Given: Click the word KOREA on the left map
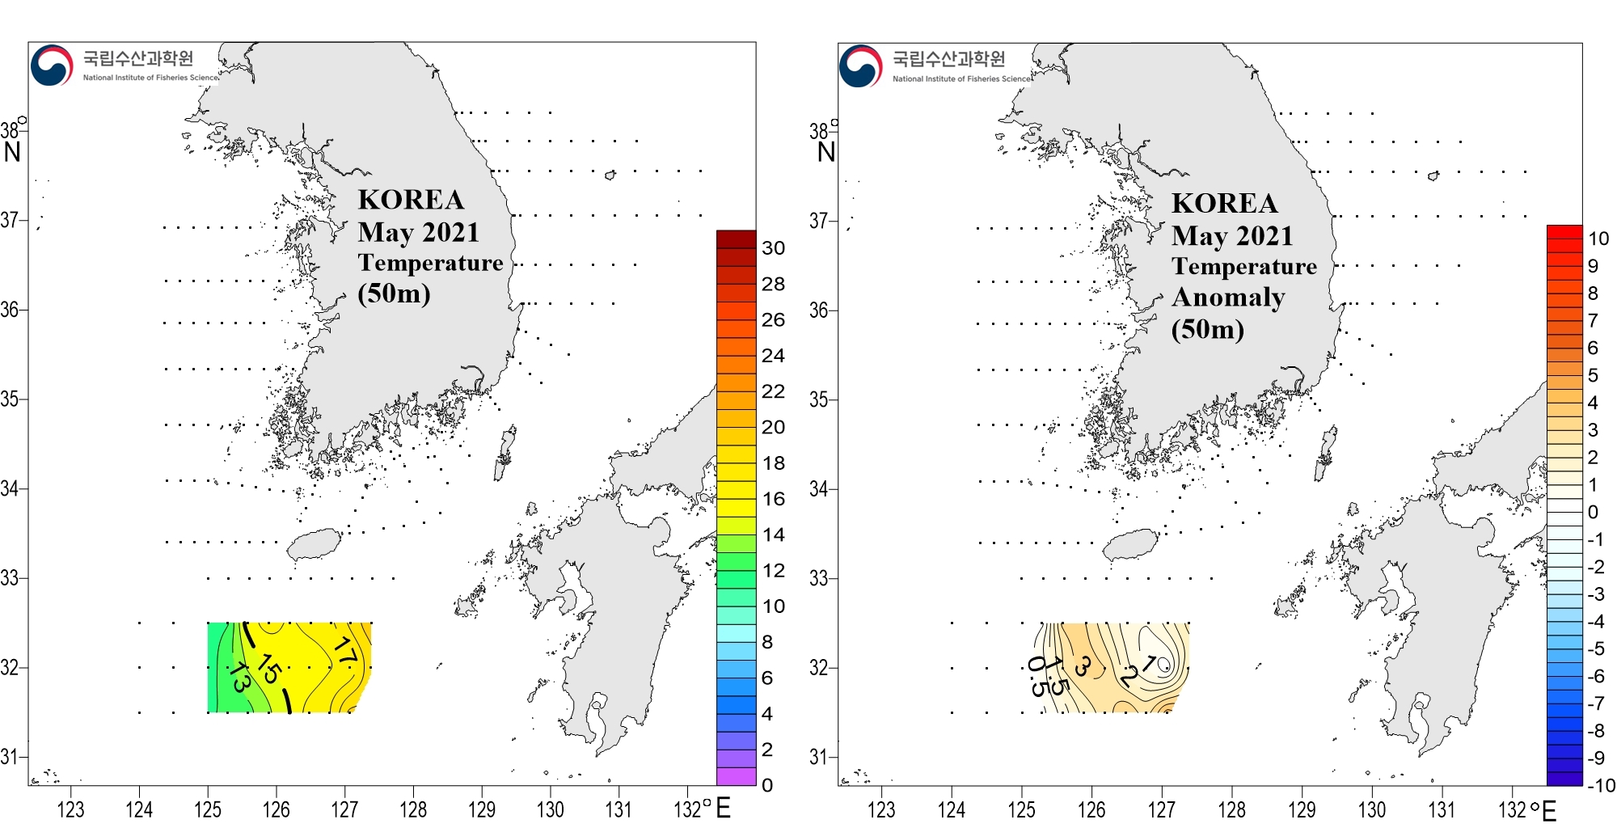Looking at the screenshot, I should click(x=411, y=200).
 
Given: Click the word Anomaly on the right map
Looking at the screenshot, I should click(x=1228, y=298).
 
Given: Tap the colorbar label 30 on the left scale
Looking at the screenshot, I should click(x=773, y=248).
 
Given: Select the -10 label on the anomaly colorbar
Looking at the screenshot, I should click(x=1599, y=785).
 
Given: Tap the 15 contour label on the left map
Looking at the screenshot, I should click(x=269, y=668).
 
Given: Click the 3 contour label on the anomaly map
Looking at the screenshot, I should click(x=1082, y=666).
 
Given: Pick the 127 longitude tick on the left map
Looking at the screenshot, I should click(x=344, y=809).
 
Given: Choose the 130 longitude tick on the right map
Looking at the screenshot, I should click(x=1371, y=809).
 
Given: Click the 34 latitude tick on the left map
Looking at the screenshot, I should click(x=10, y=488).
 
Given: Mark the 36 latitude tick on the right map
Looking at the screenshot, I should click(x=819, y=310).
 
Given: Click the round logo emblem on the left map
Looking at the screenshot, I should click(x=52, y=65).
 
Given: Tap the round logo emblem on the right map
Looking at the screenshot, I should click(x=860, y=65).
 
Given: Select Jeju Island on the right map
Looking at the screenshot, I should click(x=1130, y=544).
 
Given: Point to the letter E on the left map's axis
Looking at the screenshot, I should click(x=723, y=808).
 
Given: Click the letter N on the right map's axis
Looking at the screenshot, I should click(x=825, y=152).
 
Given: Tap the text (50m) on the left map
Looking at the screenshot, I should click(x=394, y=293).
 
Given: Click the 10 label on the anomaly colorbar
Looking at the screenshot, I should click(x=1598, y=239).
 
